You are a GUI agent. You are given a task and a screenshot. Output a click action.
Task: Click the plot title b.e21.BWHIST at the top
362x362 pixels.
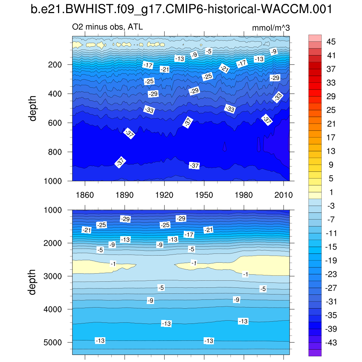(x=181, y=10)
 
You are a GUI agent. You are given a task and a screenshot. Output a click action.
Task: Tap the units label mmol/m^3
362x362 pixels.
(x=271, y=28)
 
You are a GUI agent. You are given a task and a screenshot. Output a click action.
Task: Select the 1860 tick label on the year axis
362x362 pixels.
(x=85, y=195)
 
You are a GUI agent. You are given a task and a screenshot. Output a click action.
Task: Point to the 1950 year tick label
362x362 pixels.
(x=204, y=195)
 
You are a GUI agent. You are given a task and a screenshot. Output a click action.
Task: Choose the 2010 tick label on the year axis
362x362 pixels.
(x=284, y=195)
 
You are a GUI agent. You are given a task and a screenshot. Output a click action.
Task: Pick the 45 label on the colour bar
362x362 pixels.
(x=331, y=42)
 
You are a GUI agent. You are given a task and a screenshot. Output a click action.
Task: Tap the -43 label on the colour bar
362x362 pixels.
(x=331, y=343)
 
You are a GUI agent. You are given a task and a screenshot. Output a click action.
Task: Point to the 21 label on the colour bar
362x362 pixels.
(x=331, y=124)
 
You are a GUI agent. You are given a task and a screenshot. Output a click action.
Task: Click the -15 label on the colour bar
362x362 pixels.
(x=331, y=247)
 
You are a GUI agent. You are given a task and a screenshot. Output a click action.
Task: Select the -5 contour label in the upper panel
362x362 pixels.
(x=209, y=51)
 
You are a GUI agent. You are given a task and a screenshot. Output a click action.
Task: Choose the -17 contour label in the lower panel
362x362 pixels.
(x=189, y=234)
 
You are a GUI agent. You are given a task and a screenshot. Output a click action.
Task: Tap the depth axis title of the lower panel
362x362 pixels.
(x=33, y=282)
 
